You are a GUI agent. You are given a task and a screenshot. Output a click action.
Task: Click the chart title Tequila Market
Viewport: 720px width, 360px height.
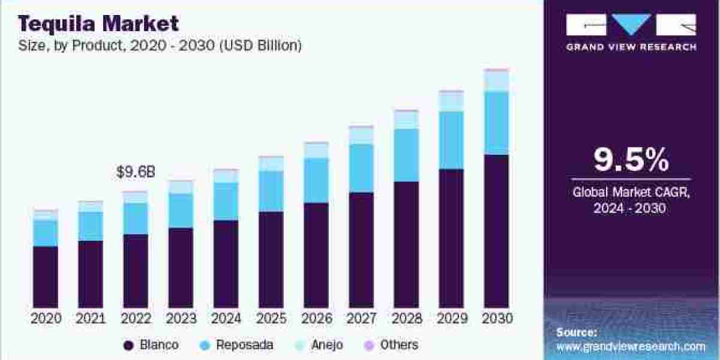click(99, 23)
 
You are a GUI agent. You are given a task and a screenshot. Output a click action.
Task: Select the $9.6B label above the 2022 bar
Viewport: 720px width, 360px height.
click(136, 172)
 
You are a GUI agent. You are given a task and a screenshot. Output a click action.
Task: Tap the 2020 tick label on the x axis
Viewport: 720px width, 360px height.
click(45, 319)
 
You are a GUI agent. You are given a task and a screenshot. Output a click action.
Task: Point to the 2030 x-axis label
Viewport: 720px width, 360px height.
click(496, 319)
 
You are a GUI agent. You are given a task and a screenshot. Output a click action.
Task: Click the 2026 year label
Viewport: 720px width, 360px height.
click(316, 319)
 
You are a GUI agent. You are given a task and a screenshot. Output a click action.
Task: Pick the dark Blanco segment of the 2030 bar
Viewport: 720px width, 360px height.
click(496, 231)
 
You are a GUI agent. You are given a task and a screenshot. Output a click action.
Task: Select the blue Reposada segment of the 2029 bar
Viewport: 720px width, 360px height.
click(451, 140)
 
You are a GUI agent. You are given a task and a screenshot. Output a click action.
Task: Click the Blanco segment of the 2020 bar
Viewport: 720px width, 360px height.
click(45, 277)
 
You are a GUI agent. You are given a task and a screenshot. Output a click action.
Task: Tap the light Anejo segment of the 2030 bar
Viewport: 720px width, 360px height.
click(496, 81)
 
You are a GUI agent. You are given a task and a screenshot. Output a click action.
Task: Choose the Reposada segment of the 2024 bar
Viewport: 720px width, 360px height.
click(226, 201)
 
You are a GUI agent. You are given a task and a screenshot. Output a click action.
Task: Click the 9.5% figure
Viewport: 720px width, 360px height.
click(631, 160)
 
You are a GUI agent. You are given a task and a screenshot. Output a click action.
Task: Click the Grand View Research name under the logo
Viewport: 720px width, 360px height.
click(631, 47)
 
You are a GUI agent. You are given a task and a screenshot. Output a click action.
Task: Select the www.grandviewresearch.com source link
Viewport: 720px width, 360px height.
click(631, 346)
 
